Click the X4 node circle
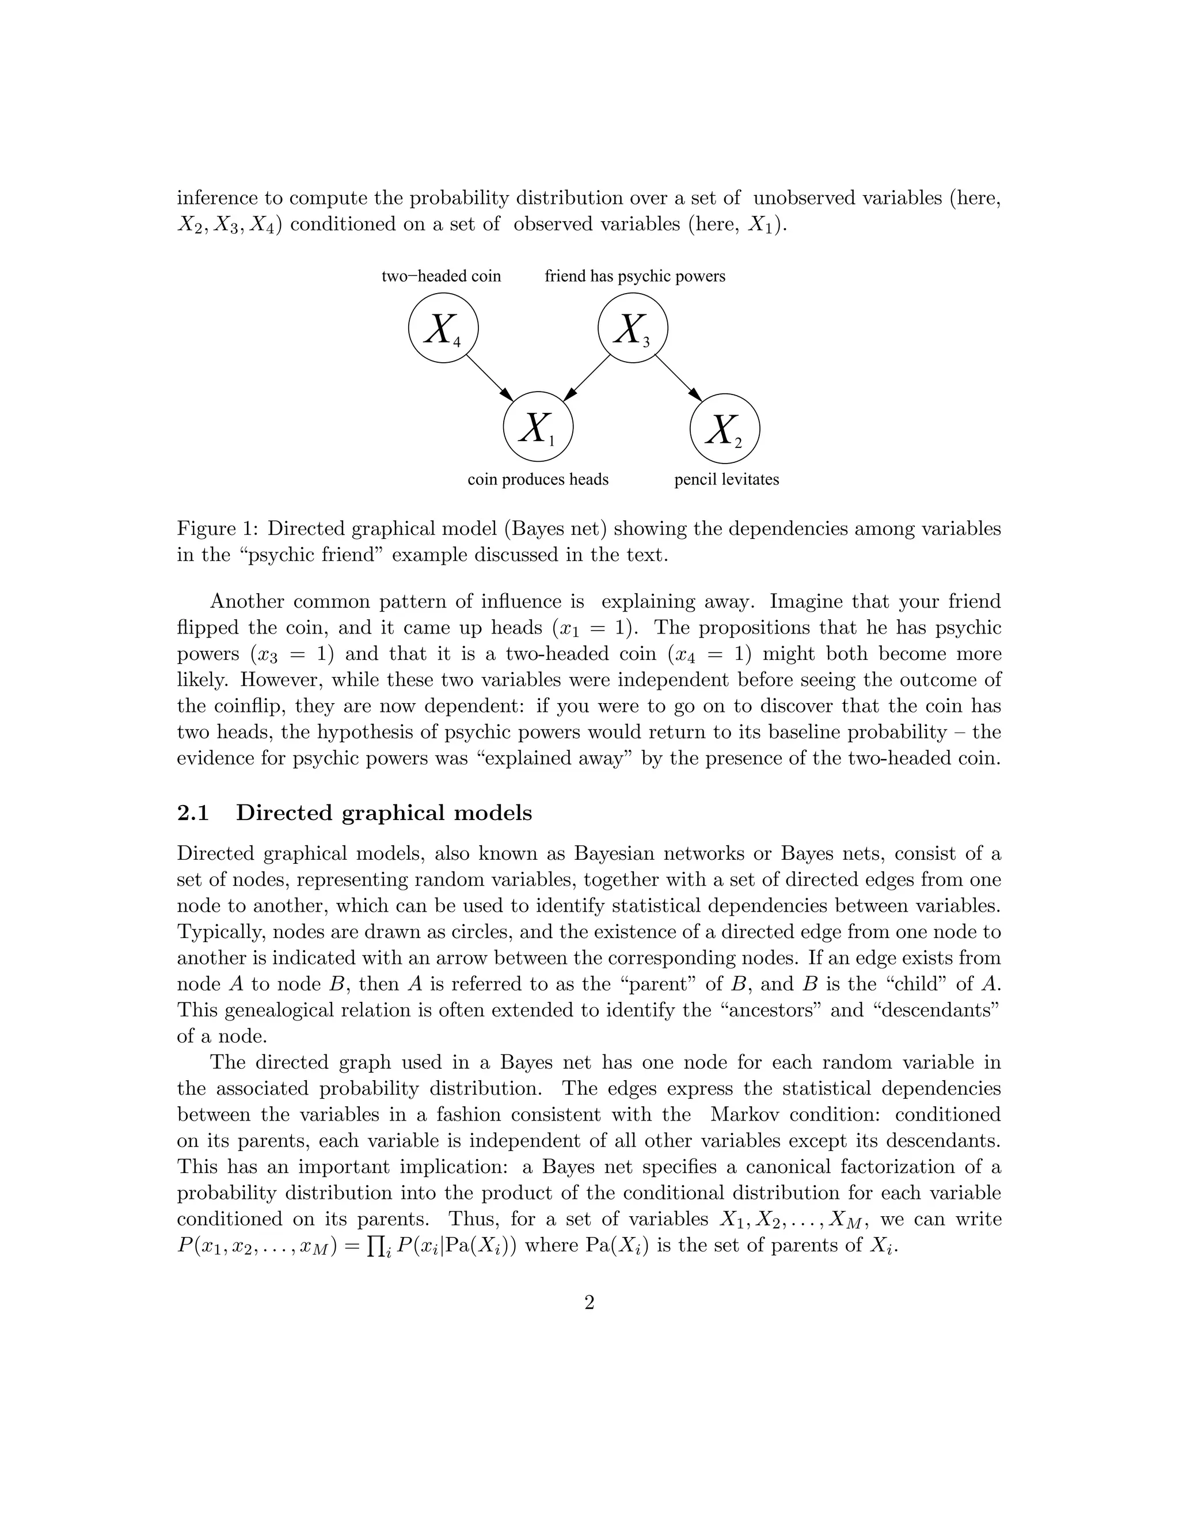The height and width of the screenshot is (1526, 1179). coord(443,328)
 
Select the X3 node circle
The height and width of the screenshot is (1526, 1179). coord(633,328)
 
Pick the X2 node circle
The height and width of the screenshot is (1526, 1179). coord(724,428)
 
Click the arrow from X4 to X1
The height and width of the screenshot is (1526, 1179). coord(490,378)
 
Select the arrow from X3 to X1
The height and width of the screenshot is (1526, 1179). coord(587,378)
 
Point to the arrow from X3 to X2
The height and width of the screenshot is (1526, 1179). coord(678,378)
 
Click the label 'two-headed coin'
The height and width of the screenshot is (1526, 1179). coord(441,276)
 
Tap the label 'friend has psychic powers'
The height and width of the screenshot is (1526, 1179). coord(635,276)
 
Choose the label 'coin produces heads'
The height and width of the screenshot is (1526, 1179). coord(538,479)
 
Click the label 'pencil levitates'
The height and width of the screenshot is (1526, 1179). coord(727,479)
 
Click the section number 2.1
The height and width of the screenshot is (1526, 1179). coord(193,813)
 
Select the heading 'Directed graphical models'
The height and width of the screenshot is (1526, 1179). coord(383,813)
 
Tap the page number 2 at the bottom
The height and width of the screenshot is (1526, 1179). coord(589,1303)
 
